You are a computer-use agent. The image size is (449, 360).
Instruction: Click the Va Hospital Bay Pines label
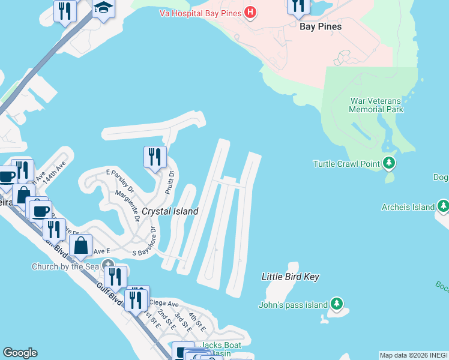click(x=200, y=13)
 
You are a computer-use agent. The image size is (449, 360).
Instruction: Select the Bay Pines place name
click(x=321, y=26)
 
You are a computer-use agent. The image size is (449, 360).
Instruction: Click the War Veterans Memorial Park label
click(x=377, y=105)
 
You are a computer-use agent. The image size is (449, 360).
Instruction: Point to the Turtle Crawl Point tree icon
click(x=390, y=163)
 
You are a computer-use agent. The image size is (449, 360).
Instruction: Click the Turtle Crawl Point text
click(x=347, y=164)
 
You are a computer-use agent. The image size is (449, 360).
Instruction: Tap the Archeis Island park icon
click(x=444, y=207)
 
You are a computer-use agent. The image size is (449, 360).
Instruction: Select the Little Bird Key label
click(x=291, y=277)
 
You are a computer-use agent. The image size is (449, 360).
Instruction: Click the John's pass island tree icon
click(x=337, y=304)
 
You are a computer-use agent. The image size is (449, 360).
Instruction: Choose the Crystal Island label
click(x=170, y=211)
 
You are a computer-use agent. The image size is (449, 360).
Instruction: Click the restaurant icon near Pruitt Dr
click(x=155, y=158)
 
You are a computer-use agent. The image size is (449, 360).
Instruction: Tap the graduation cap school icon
click(x=104, y=8)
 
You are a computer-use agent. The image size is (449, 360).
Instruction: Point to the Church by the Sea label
click(x=65, y=266)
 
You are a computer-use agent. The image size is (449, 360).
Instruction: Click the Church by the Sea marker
click(x=108, y=265)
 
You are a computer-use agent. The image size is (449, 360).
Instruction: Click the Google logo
click(x=20, y=353)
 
